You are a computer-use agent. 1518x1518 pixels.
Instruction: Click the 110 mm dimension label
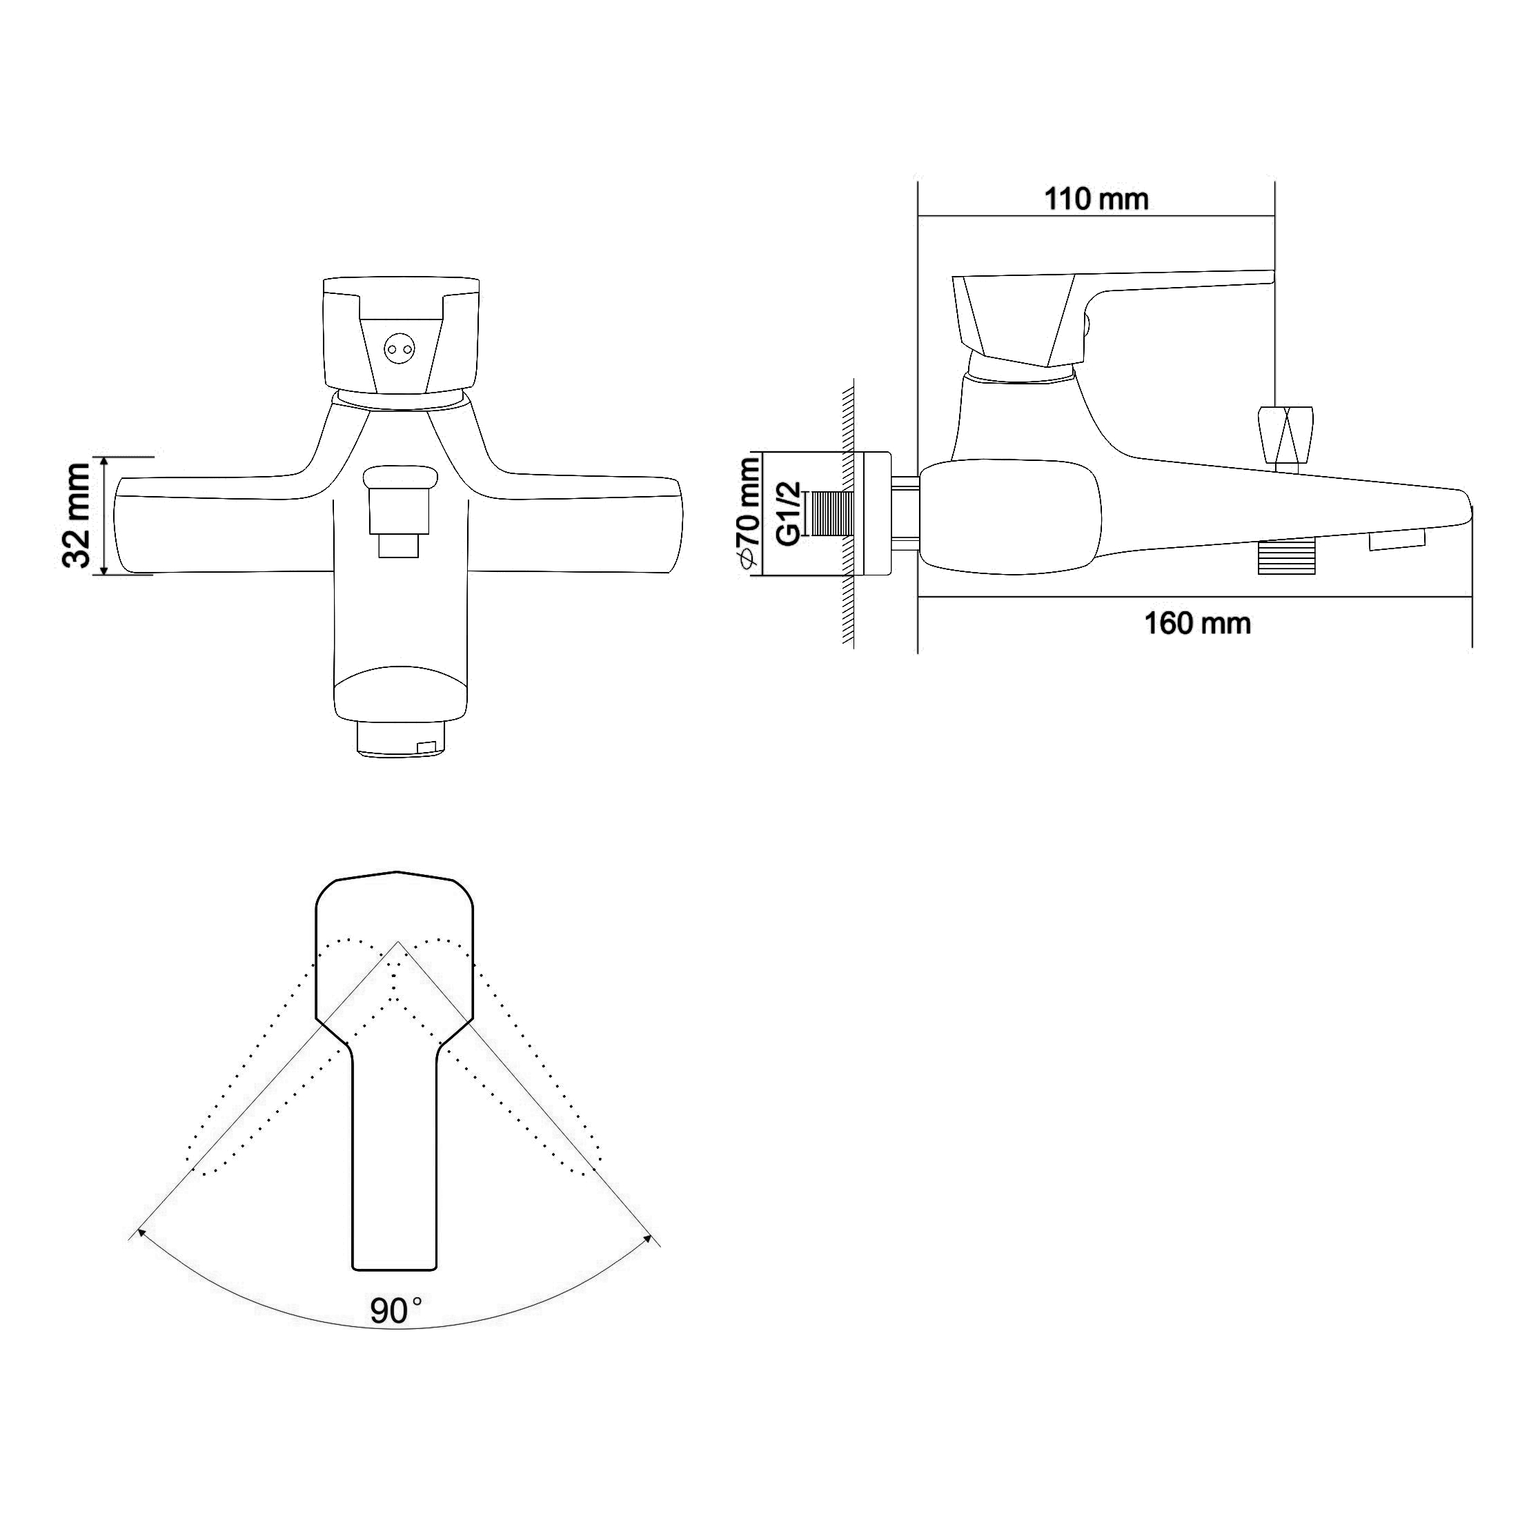tap(1096, 199)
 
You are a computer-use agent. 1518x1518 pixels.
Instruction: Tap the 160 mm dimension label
tap(1197, 623)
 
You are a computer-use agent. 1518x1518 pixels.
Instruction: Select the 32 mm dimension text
tap(78, 515)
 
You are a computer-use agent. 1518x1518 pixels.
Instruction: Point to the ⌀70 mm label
tap(747, 511)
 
